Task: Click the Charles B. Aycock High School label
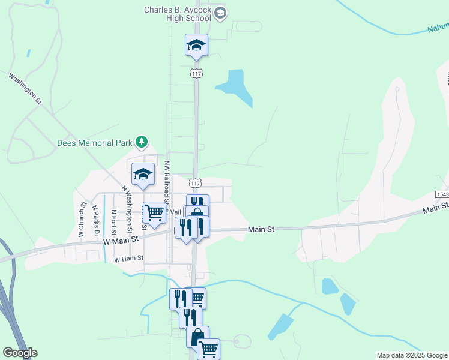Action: click(178, 14)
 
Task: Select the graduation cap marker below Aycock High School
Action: click(196, 45)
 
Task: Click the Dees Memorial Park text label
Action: click(94, 143)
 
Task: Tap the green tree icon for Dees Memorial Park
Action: click(142, 142)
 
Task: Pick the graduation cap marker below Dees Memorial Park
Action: click(143, 174)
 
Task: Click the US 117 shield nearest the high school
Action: click(196, 73)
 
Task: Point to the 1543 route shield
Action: click(441, 195)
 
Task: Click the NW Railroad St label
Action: click(167, 186)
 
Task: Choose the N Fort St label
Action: click(113, 221)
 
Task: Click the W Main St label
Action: click(121, 239)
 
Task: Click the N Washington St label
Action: click(127, 208)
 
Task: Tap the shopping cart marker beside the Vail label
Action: click(154, 212)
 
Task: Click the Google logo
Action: click(20, 353)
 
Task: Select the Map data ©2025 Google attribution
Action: click(411, 355)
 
